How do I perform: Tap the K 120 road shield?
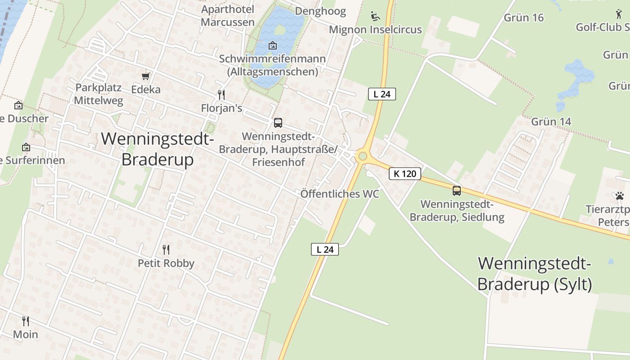tap(405, 174)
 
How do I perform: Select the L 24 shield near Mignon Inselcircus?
tap(382, 94)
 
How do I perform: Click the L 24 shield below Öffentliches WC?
tap(324, 249)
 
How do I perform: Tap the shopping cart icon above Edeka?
tap(145, 76)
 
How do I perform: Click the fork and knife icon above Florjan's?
tap(221, 95)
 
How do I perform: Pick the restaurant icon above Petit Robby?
tap(166, 250)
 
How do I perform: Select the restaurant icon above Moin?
tap(26, 321)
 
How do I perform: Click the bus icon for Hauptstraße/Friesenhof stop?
tap(278, 122)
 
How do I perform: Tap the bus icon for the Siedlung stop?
tap(457, 191)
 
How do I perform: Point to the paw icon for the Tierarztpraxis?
tap(620, 196)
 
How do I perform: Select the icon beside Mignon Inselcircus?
tap(375, 17)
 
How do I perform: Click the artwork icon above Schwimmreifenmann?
tap(272, 45)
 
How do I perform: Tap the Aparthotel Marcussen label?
tap(228, 16)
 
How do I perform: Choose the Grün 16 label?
tap(524, 18)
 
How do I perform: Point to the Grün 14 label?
tap(551, 121)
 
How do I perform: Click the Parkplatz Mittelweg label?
tap(99, 94)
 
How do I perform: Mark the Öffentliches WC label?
tap(340, 194)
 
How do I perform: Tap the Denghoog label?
tap(320, 11)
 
